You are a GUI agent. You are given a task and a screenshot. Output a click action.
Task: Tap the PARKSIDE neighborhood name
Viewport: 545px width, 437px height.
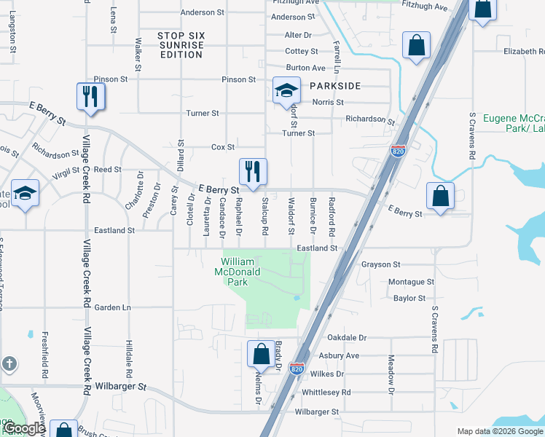(335, 86)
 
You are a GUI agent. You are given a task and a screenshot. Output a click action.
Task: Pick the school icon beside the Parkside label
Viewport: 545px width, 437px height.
(286, 92)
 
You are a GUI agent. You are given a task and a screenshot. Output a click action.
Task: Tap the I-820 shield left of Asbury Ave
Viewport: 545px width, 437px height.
(297, 369)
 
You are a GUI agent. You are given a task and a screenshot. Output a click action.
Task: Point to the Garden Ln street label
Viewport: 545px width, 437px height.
(113, 307)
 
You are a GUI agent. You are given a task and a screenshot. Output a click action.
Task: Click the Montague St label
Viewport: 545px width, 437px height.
(411, 282)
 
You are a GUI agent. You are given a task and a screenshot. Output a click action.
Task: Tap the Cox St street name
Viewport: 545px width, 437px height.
(222, 146)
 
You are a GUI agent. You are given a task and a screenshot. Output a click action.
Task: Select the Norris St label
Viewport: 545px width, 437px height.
(328, 103)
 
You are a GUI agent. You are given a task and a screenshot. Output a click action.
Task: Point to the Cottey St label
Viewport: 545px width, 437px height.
(302, 52)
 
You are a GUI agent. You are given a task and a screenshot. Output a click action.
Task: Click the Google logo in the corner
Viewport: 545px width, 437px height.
(25, 429)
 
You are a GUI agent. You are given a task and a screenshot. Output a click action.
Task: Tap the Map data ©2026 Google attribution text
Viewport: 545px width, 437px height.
(499, 431)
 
